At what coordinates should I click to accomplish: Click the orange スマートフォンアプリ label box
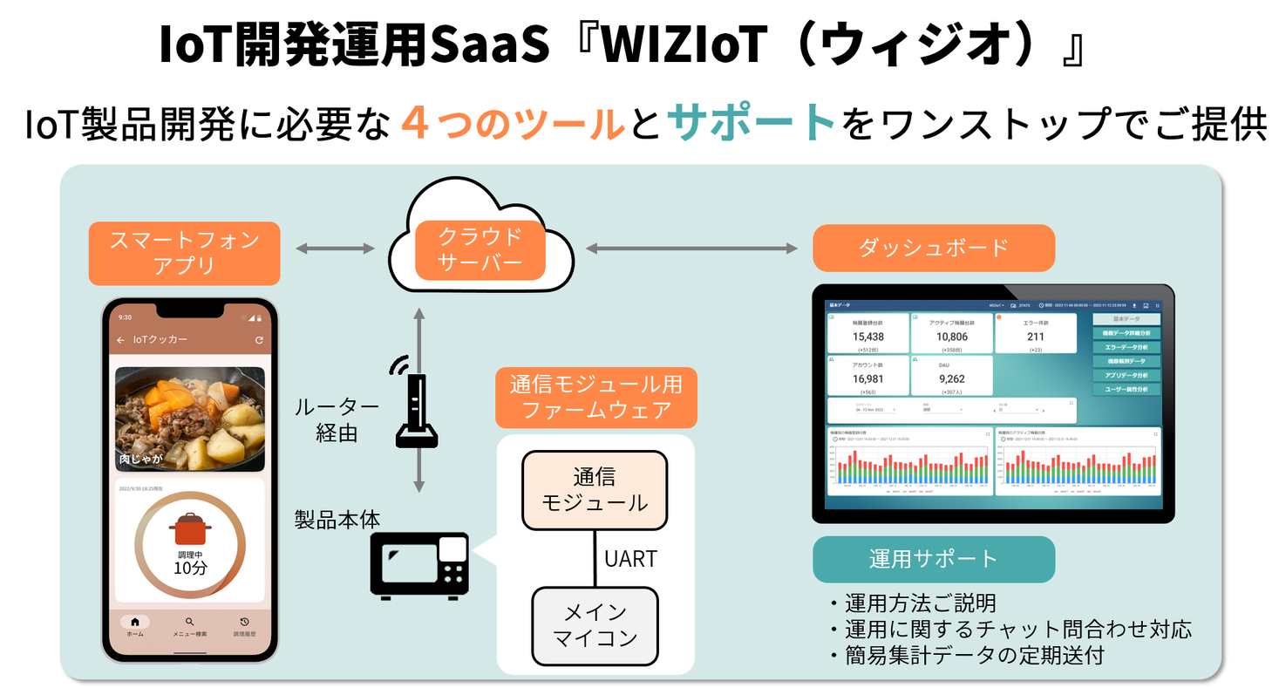click(184, 253)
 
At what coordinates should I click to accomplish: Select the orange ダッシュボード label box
click(933, 248)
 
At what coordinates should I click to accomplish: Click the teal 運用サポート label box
click(933, 559)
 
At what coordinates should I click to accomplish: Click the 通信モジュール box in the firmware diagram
click(595, 489)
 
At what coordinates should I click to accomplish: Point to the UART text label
click(630, 558)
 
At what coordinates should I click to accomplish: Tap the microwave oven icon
click(420, 566)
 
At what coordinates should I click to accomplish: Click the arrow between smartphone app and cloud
click(335, 249)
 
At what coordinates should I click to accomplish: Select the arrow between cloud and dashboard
click(691, 249)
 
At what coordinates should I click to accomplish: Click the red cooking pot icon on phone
click(189, 529)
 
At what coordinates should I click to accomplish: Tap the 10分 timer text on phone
click(189, 568)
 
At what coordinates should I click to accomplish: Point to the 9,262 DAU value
click(951, 378)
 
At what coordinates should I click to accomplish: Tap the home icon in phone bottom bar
click(135, 622)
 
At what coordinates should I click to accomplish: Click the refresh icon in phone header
click(259, 340)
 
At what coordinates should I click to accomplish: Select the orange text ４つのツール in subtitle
click(514, 123)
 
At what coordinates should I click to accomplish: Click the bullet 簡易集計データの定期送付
click(968, 656)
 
